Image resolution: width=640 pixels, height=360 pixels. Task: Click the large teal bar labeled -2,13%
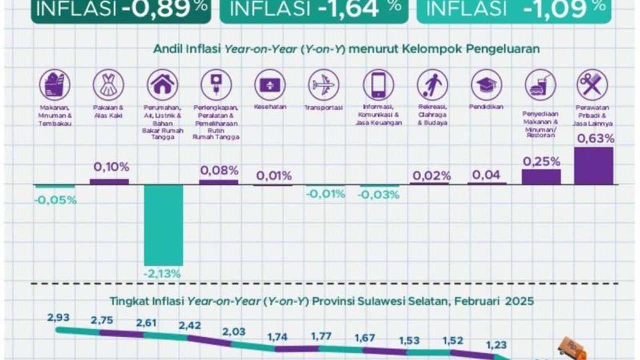[163, 225]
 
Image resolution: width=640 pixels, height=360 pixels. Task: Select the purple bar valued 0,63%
[593, 166]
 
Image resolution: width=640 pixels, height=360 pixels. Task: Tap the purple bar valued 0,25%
[541, 176]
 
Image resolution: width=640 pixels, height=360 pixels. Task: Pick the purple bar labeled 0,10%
[109, 181]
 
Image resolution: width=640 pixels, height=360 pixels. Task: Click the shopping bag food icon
[55, 85]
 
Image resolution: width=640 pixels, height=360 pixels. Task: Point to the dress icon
[108, 85]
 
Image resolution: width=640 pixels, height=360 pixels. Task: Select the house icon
[162, 85]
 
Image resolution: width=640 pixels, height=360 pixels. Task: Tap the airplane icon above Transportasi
[323, 85]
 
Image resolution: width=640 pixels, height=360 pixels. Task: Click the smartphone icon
[378, 85]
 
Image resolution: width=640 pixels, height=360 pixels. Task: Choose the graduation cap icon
[486, 85]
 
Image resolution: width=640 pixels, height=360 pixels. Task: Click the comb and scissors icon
[592, 85]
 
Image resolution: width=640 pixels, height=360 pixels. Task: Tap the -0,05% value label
[55, 200]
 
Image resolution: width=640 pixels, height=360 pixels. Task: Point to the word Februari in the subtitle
[476, 301]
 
